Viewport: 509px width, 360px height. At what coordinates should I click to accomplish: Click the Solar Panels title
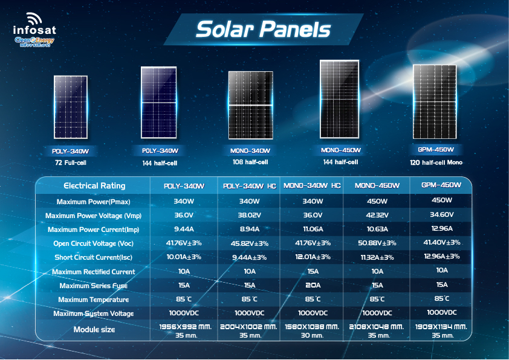point(264,29)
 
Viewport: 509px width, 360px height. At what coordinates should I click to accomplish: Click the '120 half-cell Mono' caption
point(435,162)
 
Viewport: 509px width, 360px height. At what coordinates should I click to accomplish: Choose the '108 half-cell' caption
point(250,162)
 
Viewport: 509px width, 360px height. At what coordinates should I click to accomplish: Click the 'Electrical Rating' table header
point(95,185)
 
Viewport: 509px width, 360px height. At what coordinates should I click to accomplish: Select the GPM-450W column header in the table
point(439,185)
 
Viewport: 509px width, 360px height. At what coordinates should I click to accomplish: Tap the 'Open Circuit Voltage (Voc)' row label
point(93,243)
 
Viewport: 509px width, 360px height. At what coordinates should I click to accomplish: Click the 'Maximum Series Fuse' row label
point(94,286)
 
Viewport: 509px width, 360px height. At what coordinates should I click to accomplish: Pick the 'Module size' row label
point(94,330)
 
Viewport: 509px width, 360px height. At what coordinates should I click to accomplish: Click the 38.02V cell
point(249,215)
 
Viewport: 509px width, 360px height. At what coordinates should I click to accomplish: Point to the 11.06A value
point(313,230)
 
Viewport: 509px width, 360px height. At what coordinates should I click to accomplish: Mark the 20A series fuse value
point(313,286)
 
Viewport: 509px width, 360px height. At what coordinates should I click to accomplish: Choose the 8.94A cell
point(249,230)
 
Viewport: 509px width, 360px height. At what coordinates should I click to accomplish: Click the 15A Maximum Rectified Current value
point(313,272)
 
